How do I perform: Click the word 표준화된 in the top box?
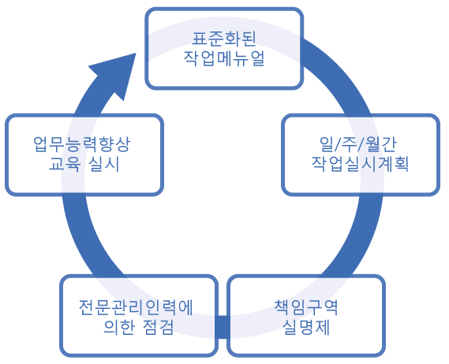coord(223,38)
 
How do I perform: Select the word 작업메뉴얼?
coord(223,59)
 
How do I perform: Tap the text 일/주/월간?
coord(360,145)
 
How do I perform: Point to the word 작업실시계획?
coord(360,166)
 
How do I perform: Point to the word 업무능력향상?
coord(83,145)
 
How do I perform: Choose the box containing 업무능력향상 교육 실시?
coord(83,155)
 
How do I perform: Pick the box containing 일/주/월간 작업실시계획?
coord(360,155)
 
